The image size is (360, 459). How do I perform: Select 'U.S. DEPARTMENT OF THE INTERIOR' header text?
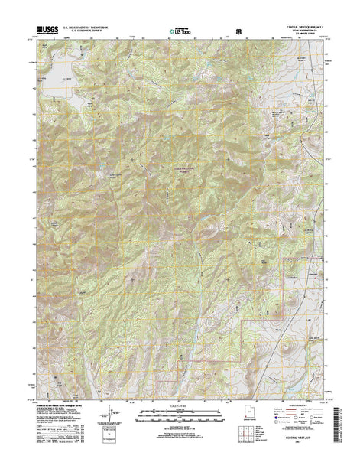(91, 28)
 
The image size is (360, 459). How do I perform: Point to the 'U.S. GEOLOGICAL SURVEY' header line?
(91, 32)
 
